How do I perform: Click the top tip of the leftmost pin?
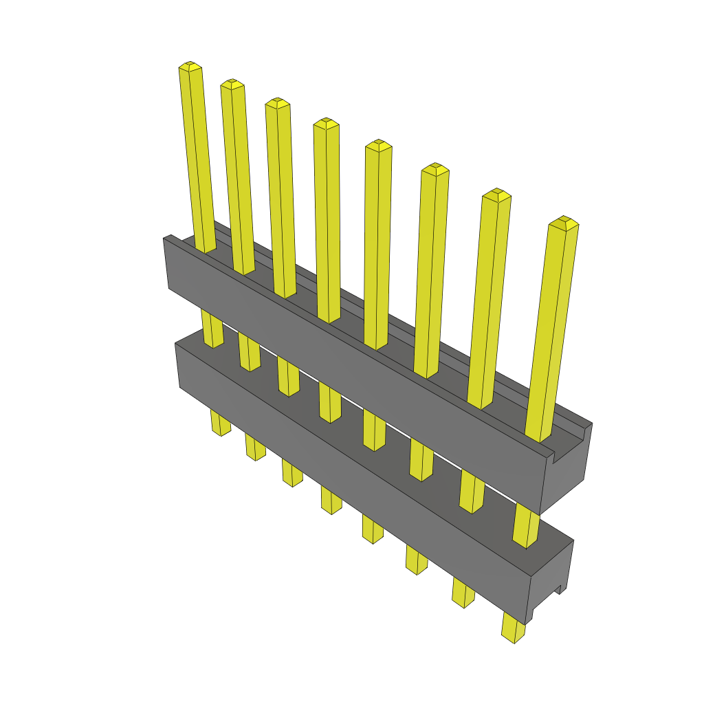pos(190,66)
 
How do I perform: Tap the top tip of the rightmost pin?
pos(564,222)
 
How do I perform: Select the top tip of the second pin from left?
pos(232,84)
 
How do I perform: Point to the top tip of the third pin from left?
pos(277,103)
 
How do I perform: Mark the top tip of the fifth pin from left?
pos(378,145)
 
